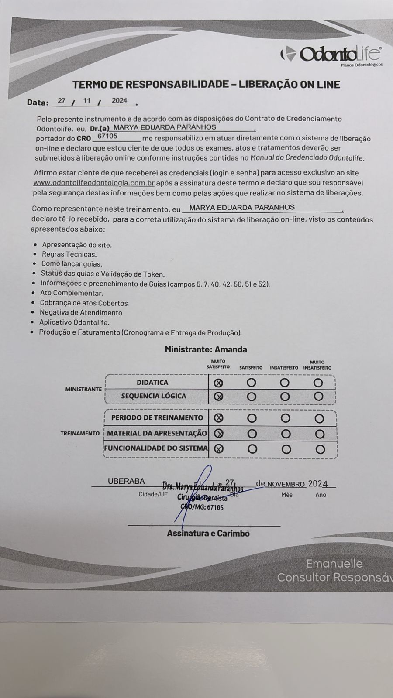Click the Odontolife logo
tap(331, 55)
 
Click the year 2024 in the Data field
tap(119, 101)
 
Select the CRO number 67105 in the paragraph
tap(107, 137)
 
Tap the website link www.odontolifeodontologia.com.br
tap(94, 183)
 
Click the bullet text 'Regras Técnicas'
tap(69, 254)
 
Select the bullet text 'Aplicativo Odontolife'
tap(74, 322)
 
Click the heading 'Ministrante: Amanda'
tap(206, 349)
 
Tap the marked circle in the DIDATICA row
tap(218, 383)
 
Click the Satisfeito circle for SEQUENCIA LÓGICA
tap(252, 397)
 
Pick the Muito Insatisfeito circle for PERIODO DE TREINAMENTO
tap(319, 419)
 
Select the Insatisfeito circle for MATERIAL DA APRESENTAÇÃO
tap(286, 434)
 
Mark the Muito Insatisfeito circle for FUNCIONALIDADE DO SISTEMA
tap(320, 449)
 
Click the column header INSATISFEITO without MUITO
tap(284, 368)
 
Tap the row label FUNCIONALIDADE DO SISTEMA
tap(156, 448)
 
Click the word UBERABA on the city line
tap(126, 481)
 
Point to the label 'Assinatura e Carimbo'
tap(208, 533)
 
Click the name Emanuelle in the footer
tap(334, 564)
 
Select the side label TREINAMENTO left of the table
tap(80, 433)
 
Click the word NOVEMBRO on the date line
tap(286, 484)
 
